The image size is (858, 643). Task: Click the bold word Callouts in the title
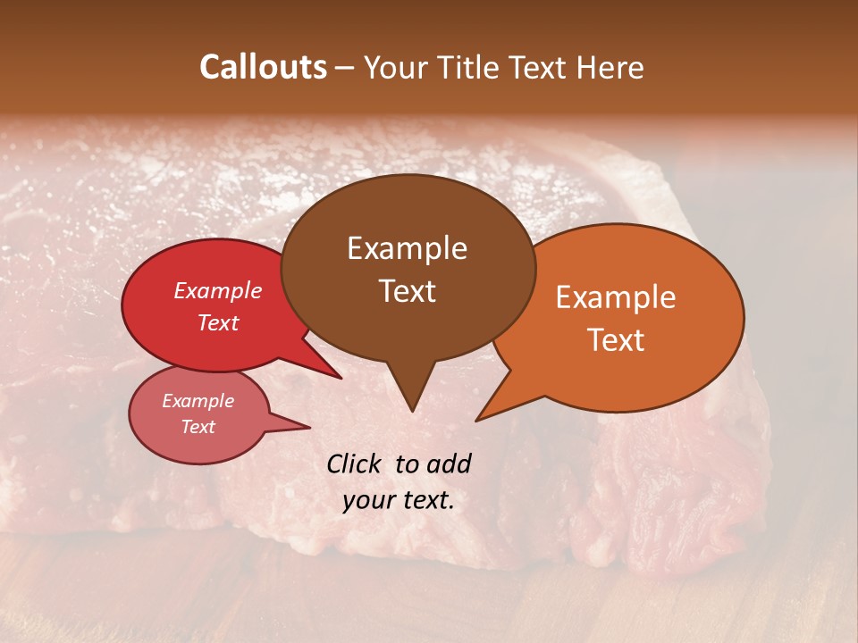tap(263, 68)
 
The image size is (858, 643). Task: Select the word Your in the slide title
tap(392, 68)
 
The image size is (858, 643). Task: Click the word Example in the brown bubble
tap(407, 248)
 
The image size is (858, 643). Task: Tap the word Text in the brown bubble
tap(407, 291)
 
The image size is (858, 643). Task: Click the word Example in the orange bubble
tap(616, 297)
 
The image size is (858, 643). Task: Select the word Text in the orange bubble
tap(616, 340)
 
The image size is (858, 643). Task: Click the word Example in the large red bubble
tap(218, 290)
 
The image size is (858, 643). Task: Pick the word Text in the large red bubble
tap(218, 322)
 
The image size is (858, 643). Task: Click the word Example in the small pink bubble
tap(198, 401)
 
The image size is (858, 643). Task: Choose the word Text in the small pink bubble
tap(198, 427)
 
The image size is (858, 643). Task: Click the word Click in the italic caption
tap(355, 463)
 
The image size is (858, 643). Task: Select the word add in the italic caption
tap(449, 463)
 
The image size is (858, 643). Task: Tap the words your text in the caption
tap(399, 500)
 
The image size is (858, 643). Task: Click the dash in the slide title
tap(346, 68)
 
